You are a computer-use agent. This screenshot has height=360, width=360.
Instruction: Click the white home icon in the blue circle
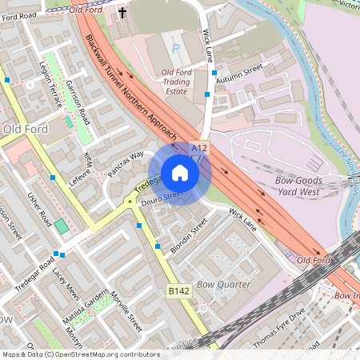click(179, 173)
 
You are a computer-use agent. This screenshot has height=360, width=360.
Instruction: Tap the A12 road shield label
click(199, 148)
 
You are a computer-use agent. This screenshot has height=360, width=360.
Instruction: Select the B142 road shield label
click(178, 291)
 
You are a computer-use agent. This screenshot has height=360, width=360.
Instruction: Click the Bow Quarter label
click(223, 284)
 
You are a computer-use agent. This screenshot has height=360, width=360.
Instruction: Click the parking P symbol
click(175, 48)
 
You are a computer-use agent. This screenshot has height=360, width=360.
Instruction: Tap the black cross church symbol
click(122, 13)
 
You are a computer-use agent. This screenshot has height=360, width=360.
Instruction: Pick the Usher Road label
click(39, 209)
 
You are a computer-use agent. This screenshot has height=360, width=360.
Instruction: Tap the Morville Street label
click(128, 311)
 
